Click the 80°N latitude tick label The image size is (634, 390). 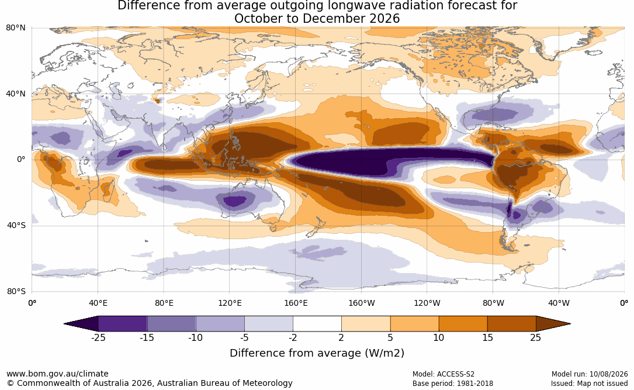coord(15,28)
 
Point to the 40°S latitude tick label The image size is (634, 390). coord(16,225)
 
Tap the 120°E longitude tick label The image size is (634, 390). coord(230,303)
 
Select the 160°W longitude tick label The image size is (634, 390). coord(362,303)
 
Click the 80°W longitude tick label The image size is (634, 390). coord(493,303)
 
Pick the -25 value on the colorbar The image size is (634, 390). coord(98,337)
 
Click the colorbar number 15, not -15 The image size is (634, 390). coord(488,337)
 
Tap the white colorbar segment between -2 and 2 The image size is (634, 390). coord(317,324)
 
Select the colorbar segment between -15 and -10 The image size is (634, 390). coord(171,324)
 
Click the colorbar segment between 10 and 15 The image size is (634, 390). coord(463,324)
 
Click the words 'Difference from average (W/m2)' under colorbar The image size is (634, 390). coord(317,353)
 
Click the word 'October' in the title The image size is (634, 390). coord(257,19)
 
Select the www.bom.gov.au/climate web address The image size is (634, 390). coord(57,374)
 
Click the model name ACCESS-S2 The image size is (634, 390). coord(456,374)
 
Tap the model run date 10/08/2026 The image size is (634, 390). coord(608,374)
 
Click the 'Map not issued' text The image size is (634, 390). coord(602,384)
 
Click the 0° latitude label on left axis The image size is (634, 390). coord(21,160)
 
